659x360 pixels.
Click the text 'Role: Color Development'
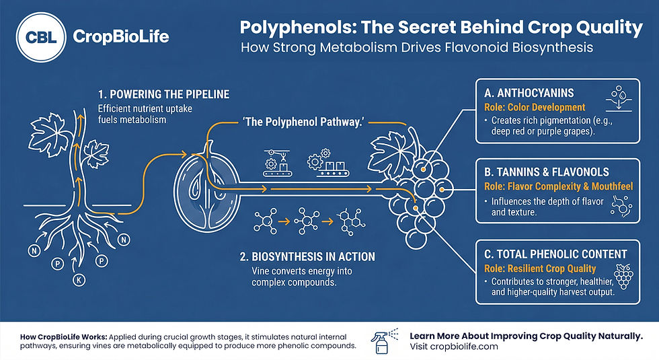point(535,107)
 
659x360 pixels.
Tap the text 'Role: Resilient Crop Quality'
point(540,268)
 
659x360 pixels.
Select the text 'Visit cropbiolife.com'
point(454,347)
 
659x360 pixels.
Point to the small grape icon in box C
point(623,277)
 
